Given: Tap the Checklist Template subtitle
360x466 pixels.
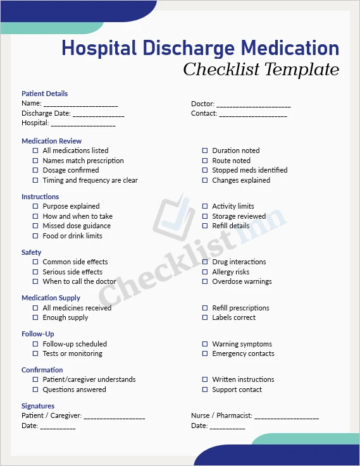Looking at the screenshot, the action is pyautogui.click(x=261, y=70).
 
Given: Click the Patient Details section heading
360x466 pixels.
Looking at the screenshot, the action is pyautogui.click(x=44, y=94).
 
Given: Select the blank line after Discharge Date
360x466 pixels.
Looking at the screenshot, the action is pyautogui.click(x=98, y=114).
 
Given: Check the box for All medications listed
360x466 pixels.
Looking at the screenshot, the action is pyautogui.click(x=35, y=150).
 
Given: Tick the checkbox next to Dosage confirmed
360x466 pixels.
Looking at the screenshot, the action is pyautogui.click(x=35, y=170).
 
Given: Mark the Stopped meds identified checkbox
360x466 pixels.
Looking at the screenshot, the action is pyautogui.click(x=205, y=170).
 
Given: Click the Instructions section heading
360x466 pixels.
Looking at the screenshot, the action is pyautogui.click(x=40, y=197).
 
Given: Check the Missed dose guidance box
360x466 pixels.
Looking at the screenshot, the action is pyautogui.click(x=35, y=226).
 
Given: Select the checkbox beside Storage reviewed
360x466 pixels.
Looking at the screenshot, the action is pyautogui.click(x=205, y=216).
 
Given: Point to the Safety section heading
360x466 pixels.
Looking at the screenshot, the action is pyautogui.click(x=31, y=252).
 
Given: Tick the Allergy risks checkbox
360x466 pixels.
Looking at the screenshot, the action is pyautogui.click(x=205, y=272).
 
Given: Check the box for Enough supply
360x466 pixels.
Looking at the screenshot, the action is pyautogui.click(x=35, y=317).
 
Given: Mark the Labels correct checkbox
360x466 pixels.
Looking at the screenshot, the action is pyautogui.click(x=205, y=317).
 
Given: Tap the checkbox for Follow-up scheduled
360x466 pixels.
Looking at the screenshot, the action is pyautogui.click(x=35, y=344).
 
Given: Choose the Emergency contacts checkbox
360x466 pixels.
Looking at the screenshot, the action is pyautogui.click(x=205, y=353).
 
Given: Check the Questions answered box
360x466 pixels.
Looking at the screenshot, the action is pyautogui.click(x=35, y=389).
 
